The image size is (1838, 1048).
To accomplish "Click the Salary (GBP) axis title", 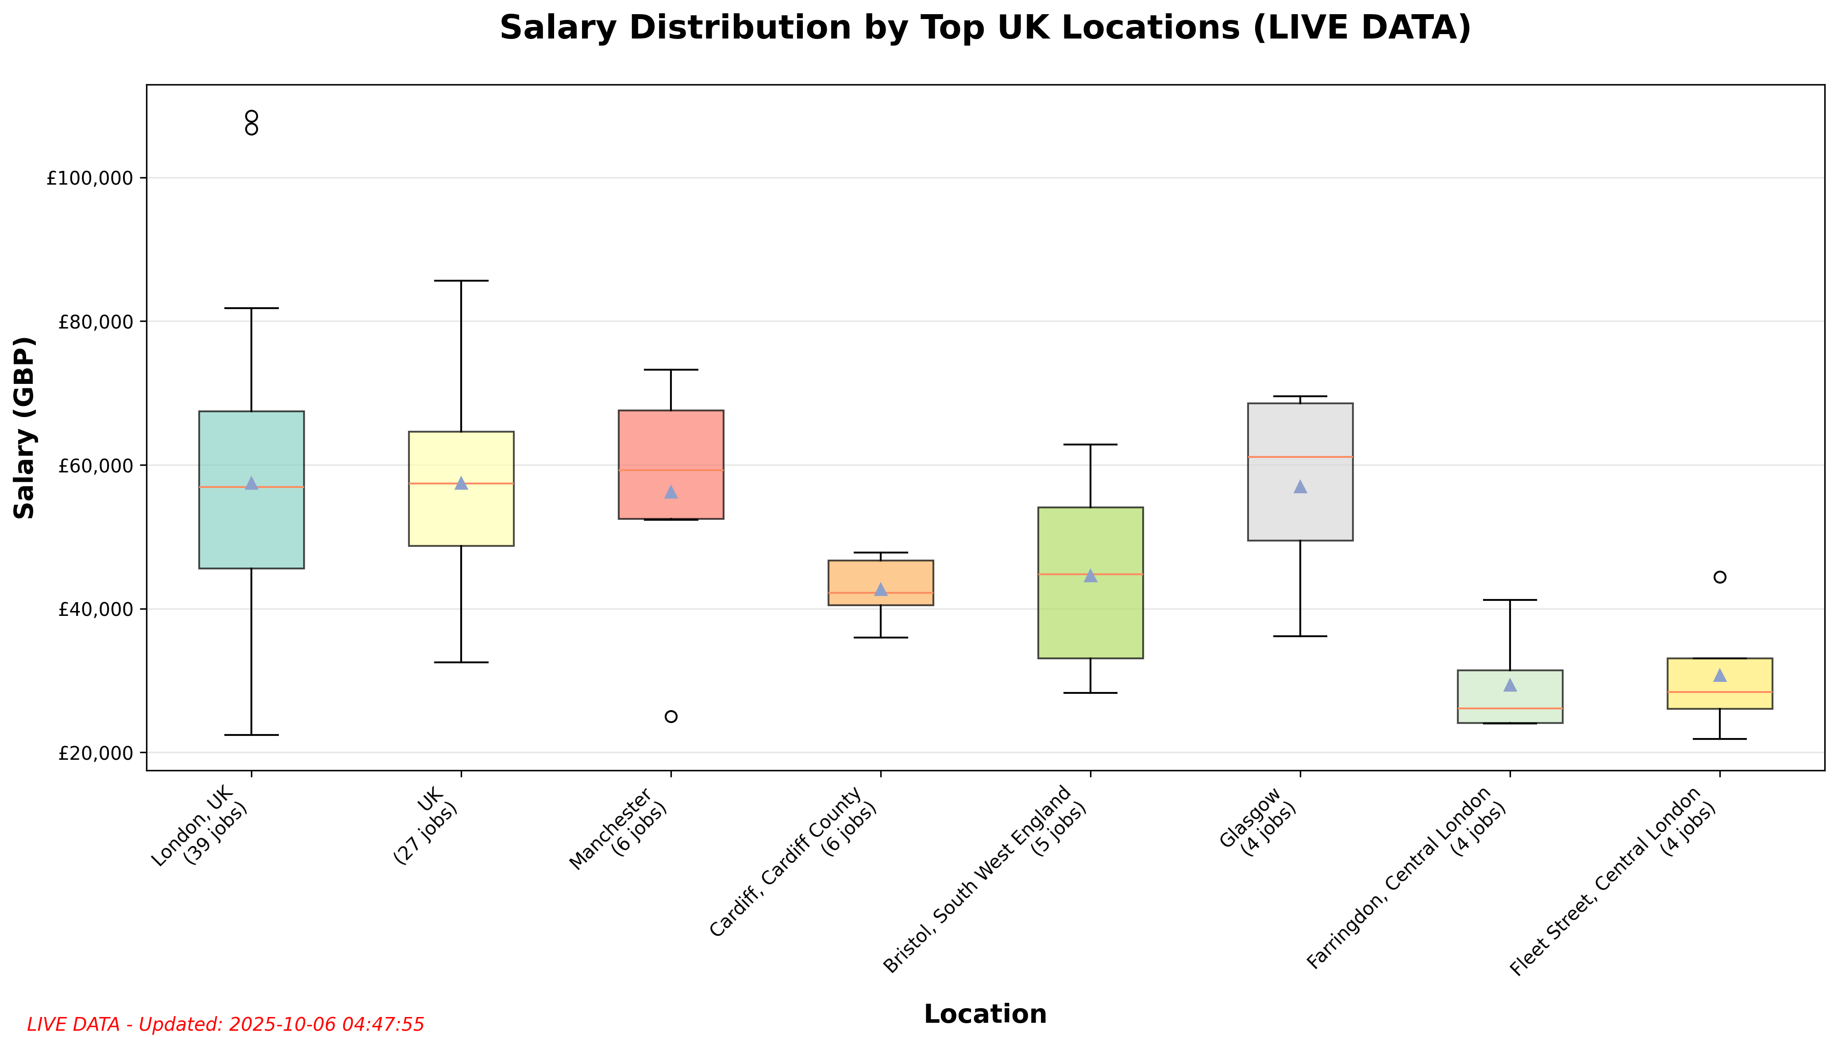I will pyautogui.click(x=24, y=428).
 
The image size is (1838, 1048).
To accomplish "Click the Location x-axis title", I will pyautogui.click(x=985, y=1013).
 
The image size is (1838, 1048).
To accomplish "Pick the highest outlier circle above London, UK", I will pyautogui.click(x=251, y=116).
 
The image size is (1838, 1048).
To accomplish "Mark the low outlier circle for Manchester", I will pyautogui.click(x=670, y=716).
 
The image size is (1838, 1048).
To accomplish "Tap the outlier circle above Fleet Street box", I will pyautogui.click(x=1719, y=576).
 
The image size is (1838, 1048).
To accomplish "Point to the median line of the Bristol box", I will pyautogui.click(x=1090, y=574).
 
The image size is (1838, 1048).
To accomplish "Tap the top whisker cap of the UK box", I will pyautogui.click(x=461, y=281).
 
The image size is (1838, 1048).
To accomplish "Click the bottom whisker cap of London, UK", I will pyautogui.click(x=251, y=735).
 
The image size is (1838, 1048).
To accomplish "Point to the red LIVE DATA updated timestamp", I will pyautogui.click(x=225, y=1024).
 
